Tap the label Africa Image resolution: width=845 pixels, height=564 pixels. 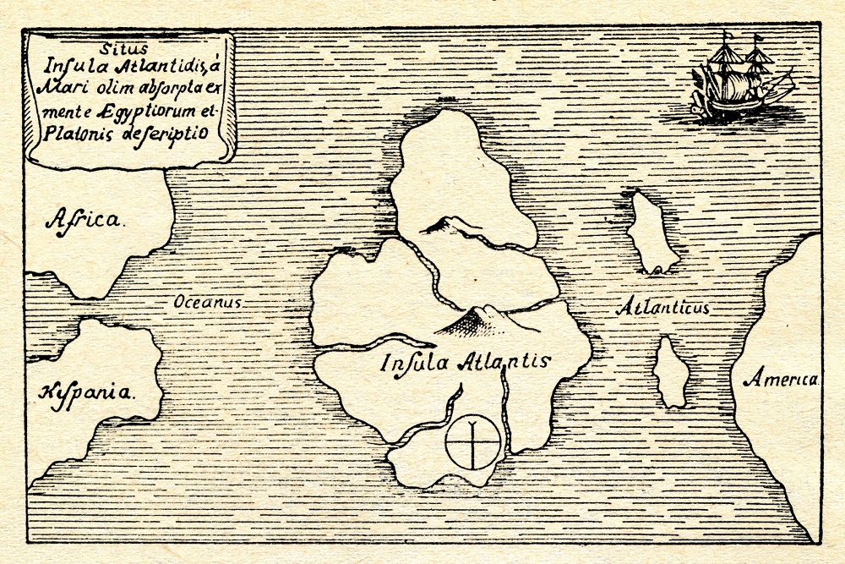[x=84, y=222]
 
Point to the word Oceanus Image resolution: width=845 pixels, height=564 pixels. [x=208, y=301]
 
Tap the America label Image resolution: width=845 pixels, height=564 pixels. [x=781, y=379]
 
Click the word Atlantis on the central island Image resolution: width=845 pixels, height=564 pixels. [x=504, y=361]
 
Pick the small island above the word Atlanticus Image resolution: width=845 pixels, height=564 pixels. [x=651, y=231]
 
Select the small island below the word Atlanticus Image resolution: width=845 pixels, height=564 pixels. [x=671, y=373]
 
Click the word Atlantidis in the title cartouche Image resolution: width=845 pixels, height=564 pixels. [x=161, y=69]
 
